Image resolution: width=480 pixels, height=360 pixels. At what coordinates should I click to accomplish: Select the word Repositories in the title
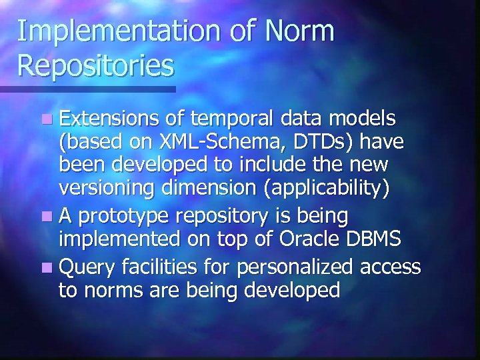click(95, 66)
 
